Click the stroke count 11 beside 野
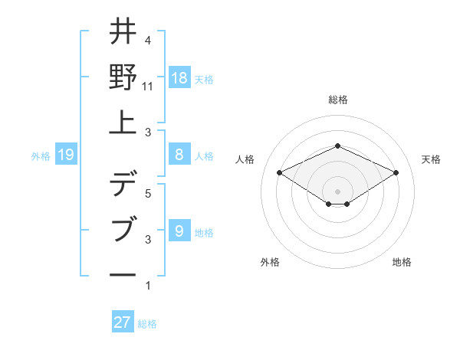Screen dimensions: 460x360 pyautogui.click(x=148, y=87)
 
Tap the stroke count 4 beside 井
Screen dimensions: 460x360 pyautogui.click(x=148, y=41)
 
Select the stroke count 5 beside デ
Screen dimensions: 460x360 pyautogui.click(x=148, y=194)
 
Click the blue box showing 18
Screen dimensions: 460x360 pyautogui.click(x=179, y=77)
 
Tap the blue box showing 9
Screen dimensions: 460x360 pyautogui.click(x=179, y=230)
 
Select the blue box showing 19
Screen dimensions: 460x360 pyautogui.click(x=65, y=155)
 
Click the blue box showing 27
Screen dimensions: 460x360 pyautogui.click(x=123, y=322)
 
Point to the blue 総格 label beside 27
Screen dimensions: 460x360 pyautogui.click(x=147, y=324)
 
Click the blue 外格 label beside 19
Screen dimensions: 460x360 pyautogui.click(x=41, y=156)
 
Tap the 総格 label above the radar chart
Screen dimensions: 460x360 pyautogui.click(x=337, y=100)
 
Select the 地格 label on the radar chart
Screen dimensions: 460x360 pyautogui.click(x=402, y=262)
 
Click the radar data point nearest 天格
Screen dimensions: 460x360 pyautogui.click(x=396, y=172)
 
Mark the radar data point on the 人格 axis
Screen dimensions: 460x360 pyautogui.click(x=279, y=172)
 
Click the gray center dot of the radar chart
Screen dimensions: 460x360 pyautogui.click(x=337, y=190)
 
